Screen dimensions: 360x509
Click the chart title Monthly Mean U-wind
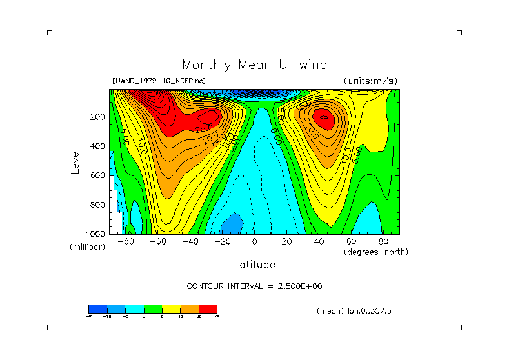254,65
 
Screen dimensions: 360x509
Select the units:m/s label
370,81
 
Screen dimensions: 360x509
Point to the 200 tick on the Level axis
98,117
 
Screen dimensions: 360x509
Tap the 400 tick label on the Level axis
98,146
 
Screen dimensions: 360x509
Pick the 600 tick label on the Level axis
98,175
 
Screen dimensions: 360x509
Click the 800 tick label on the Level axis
98,205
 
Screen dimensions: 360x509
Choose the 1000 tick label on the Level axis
96,233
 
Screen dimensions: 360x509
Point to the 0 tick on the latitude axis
254,241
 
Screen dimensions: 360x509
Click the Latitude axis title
254,265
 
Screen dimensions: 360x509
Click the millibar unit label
86,247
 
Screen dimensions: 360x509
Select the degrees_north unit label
376,252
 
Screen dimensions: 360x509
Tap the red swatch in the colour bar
208,308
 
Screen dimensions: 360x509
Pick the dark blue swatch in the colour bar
97,308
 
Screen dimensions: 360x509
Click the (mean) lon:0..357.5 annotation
354,310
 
